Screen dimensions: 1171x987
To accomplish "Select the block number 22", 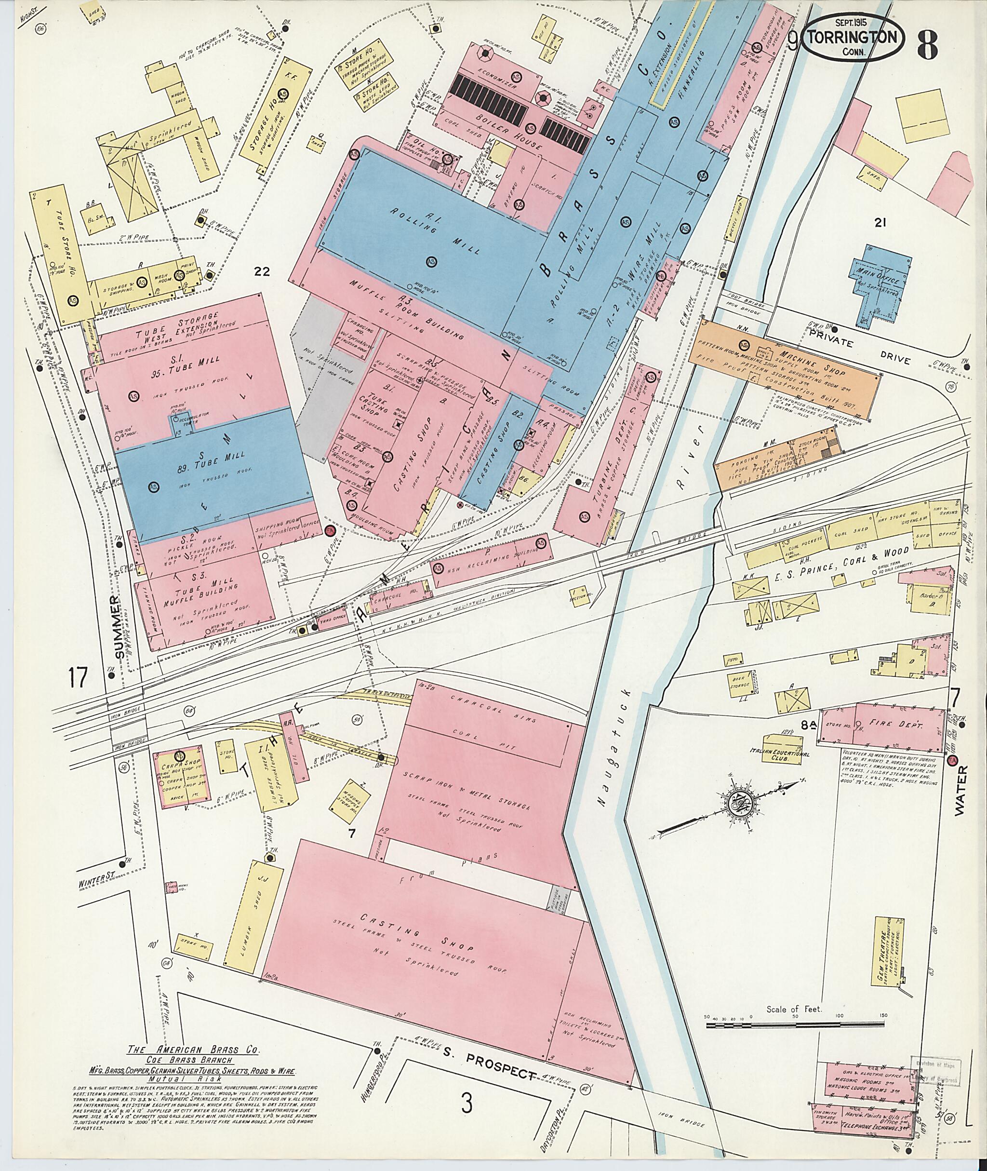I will click(x=261, y=272).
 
